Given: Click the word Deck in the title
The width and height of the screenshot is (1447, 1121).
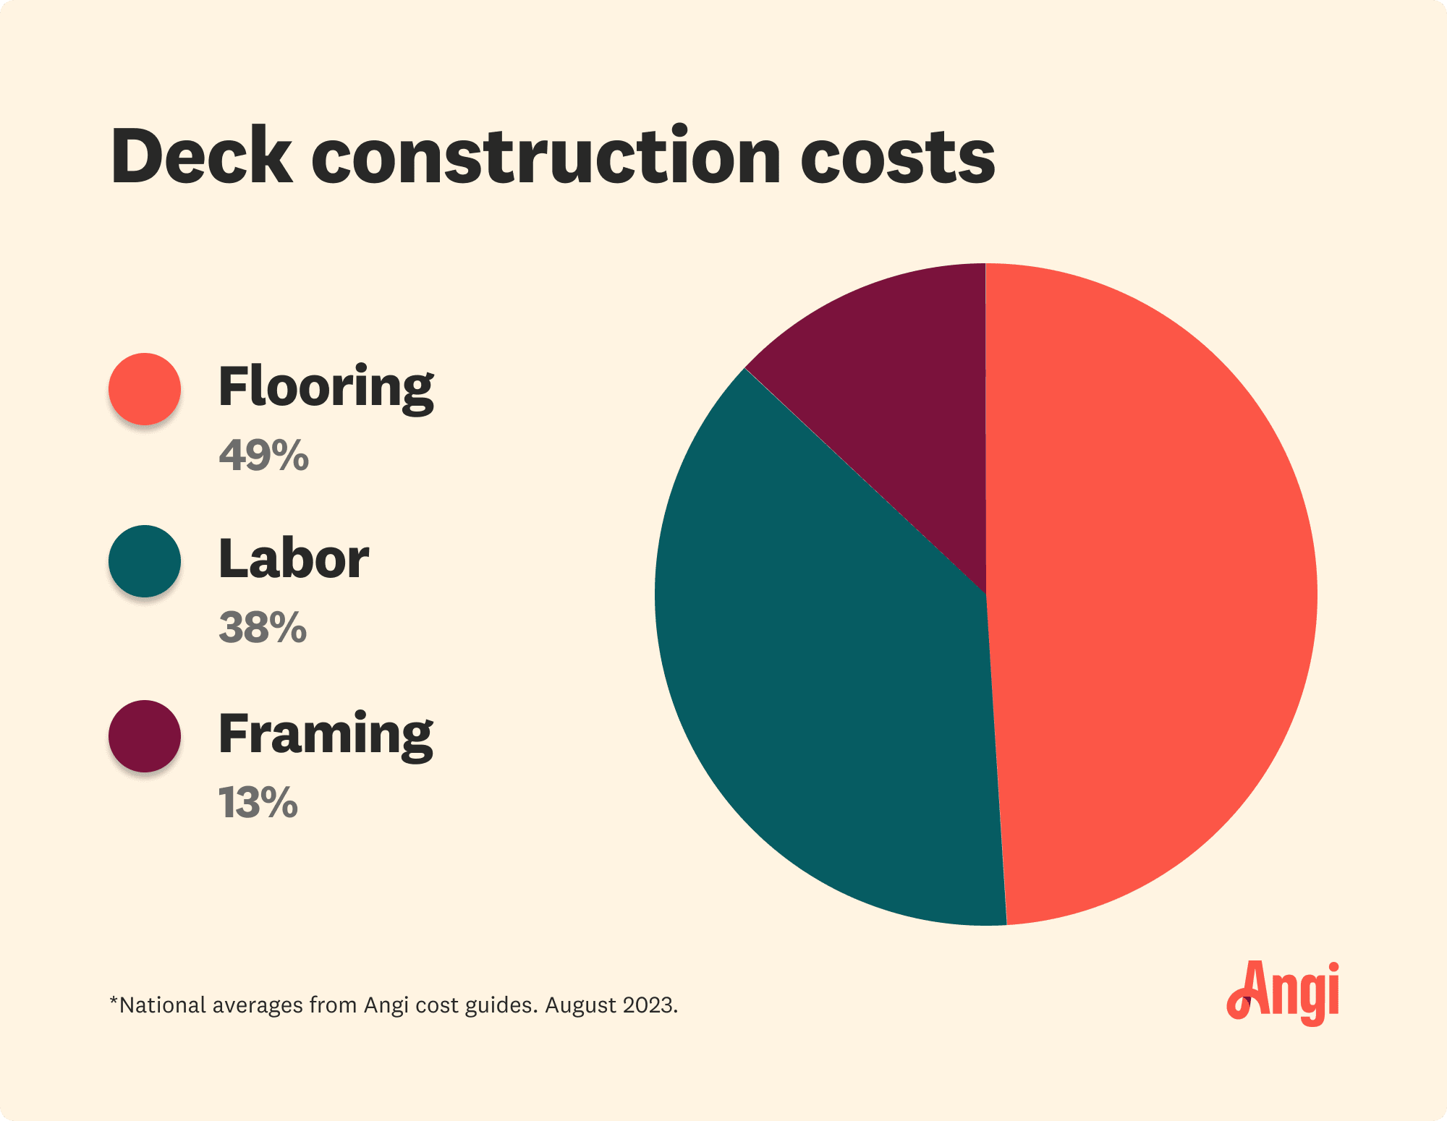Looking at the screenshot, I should tap(202, 157).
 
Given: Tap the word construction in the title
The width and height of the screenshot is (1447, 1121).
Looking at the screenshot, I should tap(546, 157).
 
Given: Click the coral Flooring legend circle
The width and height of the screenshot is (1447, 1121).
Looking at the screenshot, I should tap(145, 389).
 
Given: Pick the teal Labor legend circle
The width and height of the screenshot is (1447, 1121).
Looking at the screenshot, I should tap(145, 561).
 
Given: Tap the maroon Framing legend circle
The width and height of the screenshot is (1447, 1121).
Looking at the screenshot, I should tap(145, 736).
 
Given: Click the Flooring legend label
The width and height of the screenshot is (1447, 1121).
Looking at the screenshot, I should tap(326, 388).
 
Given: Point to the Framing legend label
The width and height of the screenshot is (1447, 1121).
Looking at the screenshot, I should tap(326, 735).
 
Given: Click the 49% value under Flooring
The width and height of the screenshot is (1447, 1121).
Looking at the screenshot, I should tap(264, 456).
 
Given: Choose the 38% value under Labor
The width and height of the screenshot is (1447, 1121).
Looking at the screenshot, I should tap(263, 627).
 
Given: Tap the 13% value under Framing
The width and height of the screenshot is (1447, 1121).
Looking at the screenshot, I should tap(258, 803).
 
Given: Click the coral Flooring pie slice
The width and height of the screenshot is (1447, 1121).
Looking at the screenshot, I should tap(1150, 593).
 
